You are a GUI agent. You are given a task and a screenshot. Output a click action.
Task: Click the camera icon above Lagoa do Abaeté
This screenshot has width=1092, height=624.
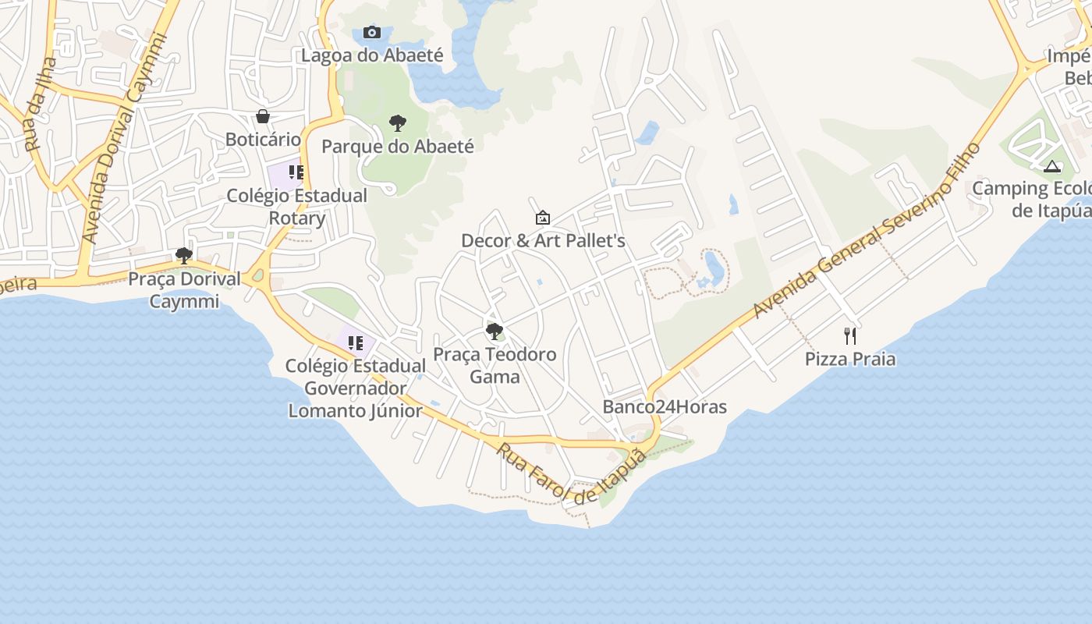click(372, 32)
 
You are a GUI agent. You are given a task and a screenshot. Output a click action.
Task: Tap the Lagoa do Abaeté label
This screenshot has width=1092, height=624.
click(372, 55)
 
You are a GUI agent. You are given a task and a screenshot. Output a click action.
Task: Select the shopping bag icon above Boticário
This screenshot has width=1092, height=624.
click(263, 116)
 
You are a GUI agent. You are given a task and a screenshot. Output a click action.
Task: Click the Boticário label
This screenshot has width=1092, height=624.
click(263, 140)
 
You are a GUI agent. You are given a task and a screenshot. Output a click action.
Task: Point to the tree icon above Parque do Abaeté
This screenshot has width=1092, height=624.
click(398, 122)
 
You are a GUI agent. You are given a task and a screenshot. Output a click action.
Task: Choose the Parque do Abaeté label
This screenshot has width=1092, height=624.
click(398, 146)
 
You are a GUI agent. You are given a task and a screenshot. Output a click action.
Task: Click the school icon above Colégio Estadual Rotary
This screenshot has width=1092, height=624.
click(296, 172)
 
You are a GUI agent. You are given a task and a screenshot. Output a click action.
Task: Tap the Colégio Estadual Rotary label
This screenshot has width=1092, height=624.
click(296, 207)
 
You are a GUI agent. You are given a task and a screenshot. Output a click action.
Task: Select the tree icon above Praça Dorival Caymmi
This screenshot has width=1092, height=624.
click(184, 255)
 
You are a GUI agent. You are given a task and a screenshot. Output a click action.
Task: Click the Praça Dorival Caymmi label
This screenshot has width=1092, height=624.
click(184, 289)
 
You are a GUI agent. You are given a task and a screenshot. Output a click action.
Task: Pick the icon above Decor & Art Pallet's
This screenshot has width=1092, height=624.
click(543, 218)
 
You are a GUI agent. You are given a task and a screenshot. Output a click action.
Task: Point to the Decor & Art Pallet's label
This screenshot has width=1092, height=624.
click(543, 241)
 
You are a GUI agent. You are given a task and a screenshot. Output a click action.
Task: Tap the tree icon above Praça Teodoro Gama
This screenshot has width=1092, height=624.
click(495, 331)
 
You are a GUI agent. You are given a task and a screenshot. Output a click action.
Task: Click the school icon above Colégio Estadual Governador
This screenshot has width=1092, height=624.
click(356, 342)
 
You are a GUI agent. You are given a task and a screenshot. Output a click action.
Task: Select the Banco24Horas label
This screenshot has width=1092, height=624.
click(665, 407)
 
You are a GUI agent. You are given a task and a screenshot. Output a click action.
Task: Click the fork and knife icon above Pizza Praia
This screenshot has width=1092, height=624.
click(850, 336)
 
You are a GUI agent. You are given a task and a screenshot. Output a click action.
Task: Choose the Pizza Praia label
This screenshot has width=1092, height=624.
click(850, 360)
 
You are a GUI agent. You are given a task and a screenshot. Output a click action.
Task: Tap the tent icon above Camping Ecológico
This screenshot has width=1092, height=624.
click(1052, 165)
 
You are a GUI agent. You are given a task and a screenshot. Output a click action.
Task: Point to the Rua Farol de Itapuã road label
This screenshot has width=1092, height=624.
click(572, 473)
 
